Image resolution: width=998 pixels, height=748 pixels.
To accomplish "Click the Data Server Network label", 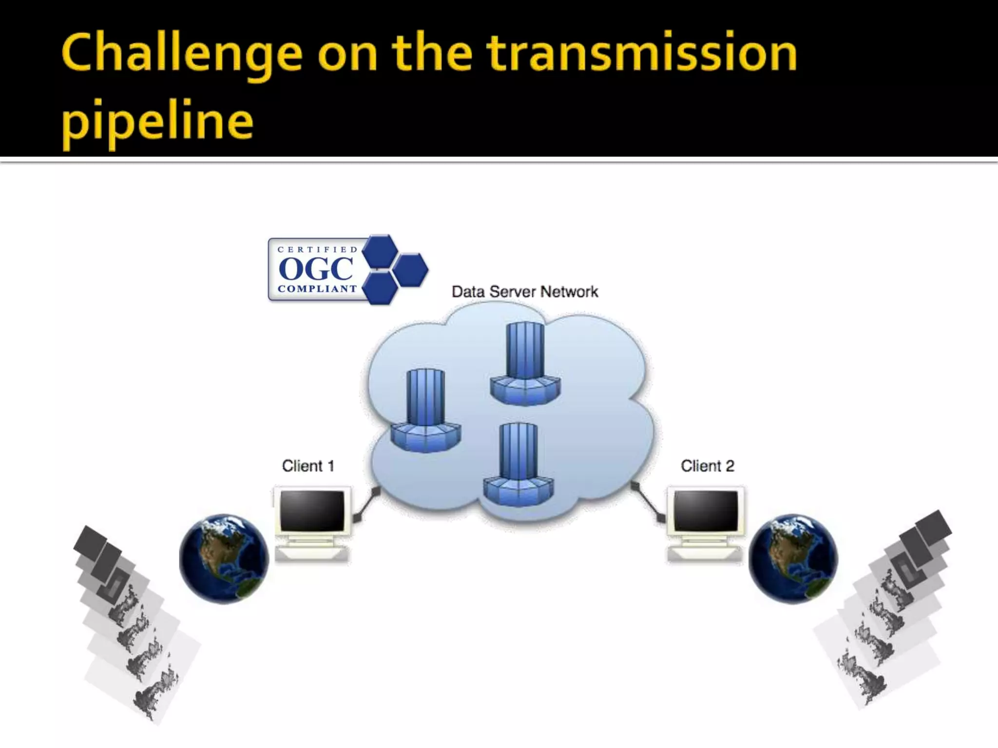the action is (524, 292).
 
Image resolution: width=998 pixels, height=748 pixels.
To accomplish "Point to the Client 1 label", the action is (308, 466).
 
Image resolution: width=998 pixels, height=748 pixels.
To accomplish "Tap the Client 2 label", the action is (707, 466).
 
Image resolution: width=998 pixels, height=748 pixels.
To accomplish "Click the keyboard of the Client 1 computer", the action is (312, 554).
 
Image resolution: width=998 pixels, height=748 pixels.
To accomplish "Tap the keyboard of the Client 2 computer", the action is (705, 554).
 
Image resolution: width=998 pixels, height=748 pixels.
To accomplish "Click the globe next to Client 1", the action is (224, 559).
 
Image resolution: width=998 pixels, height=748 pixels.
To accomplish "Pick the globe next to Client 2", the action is (793, 559).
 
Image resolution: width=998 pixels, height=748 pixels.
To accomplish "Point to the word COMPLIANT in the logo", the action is (317, 289).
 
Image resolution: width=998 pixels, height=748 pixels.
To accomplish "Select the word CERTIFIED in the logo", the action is (318, 249).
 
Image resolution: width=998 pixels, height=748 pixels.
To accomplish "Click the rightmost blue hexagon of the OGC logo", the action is (410, 269).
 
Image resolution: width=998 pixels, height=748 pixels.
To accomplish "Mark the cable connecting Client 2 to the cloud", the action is (647, 502).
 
